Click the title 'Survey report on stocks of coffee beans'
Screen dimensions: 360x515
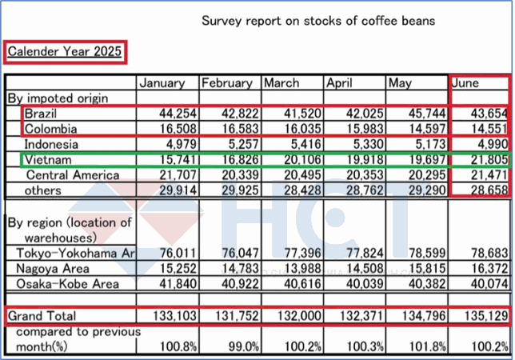[x=318, y=20]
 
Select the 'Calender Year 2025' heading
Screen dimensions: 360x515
[x=65, y=53]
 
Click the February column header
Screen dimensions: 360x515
[x=227, y=82]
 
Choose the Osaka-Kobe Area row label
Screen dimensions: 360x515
[x=62, y=283]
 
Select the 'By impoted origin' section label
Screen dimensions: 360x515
[x=58, y=98]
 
